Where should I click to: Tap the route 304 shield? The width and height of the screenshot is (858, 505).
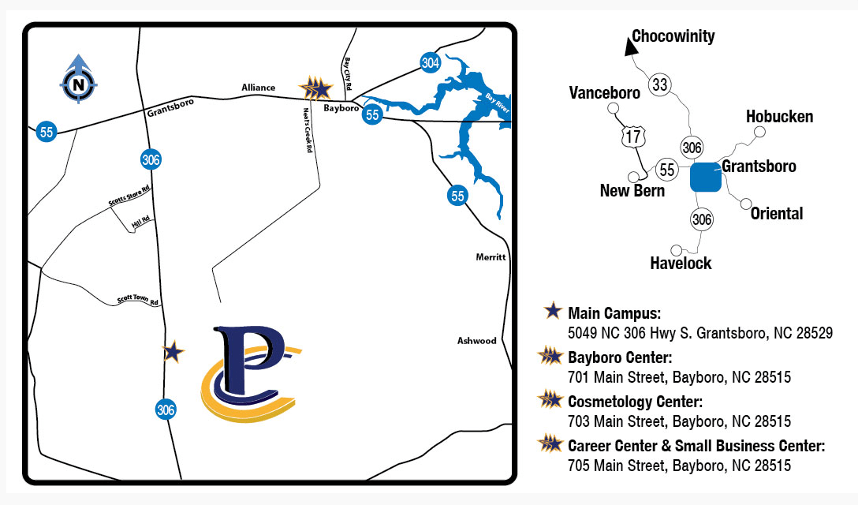click(430, 63)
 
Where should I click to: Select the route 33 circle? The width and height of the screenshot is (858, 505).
click(659, 84)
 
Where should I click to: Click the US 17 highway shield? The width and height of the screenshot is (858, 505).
click(632, 136)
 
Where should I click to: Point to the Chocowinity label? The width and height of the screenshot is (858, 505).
click(673, 36)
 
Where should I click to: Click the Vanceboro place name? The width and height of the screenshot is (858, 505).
click(604, 93)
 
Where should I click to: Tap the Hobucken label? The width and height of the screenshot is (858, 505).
click(779, 117)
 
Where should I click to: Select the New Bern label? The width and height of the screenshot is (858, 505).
click(632, 191)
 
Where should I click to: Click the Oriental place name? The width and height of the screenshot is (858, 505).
click(777, 213)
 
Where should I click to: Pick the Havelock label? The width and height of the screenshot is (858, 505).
click(681, 264)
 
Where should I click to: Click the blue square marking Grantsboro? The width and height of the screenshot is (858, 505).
click(705, 177)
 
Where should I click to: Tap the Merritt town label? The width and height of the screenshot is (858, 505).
click(491, 257)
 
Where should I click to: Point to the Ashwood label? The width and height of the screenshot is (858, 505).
click(477, 341)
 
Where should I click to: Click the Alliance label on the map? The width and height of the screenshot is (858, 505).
click(259, 88)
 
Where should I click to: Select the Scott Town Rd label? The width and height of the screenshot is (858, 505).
click(138, 301)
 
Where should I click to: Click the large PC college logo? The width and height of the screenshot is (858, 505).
click(250, 372)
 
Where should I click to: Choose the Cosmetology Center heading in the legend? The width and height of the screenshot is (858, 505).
click(635, 402)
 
